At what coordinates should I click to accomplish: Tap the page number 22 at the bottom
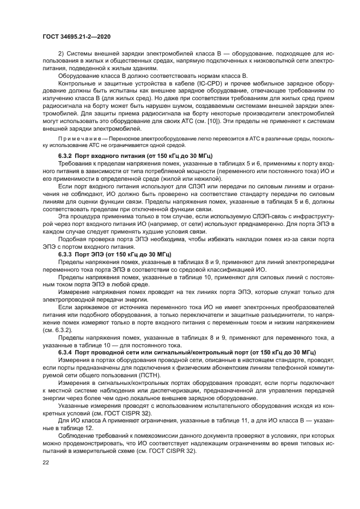pos(45,463)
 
